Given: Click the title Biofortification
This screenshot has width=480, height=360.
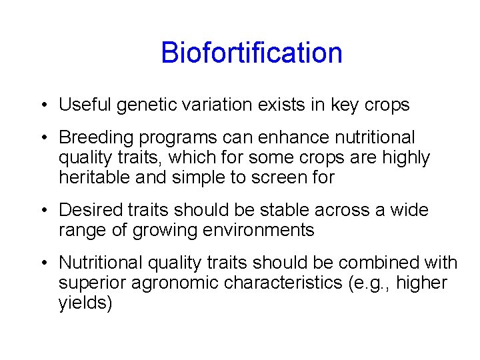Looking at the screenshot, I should coord(251,53).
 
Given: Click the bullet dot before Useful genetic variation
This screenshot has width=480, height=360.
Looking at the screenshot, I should coord(42,105).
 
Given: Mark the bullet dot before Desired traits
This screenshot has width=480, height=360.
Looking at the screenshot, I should coord(42,211).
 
